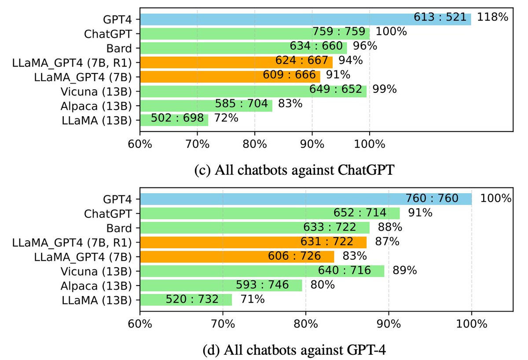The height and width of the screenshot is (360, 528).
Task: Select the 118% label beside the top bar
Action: [493, 18]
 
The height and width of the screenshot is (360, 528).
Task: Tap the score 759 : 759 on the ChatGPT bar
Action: [339, 33]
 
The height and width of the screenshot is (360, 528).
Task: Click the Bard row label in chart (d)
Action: [119, 228]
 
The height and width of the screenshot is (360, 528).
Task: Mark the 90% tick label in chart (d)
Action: [389, 324]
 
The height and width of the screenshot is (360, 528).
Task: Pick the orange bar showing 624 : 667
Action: [236, 61]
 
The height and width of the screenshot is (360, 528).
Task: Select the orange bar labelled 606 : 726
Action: [237, 256]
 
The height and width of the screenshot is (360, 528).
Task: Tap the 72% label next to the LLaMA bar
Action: [226, 119]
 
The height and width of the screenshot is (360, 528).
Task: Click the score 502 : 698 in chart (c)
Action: [177, 119]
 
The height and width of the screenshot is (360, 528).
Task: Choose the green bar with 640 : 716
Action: [262, 271]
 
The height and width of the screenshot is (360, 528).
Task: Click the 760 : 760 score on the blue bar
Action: [432, 199]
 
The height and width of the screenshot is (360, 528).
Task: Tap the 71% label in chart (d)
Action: [253, 299]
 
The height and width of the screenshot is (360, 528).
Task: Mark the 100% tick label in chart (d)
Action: [472, 324]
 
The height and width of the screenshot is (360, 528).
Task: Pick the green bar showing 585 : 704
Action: [206, 105]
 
